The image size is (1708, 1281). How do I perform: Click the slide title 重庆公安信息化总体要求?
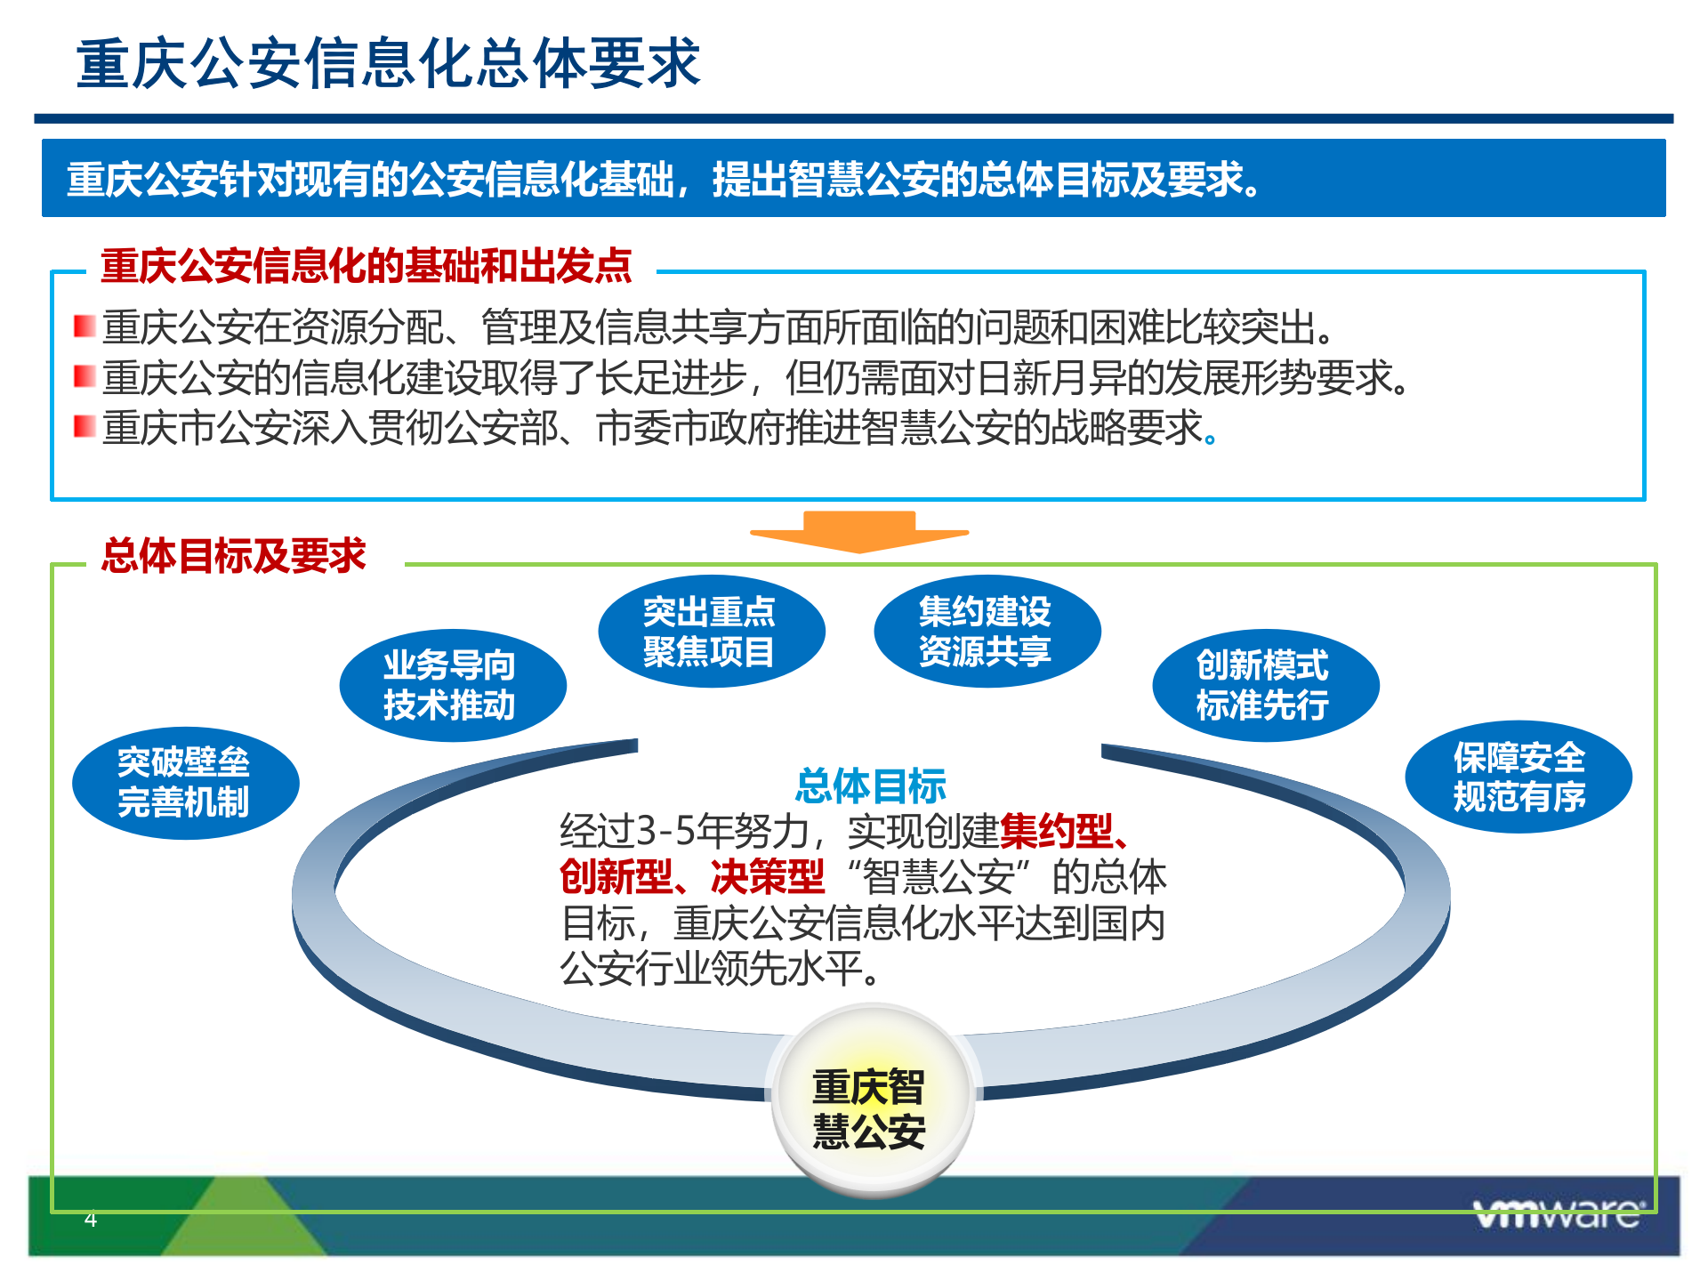pos(389,64)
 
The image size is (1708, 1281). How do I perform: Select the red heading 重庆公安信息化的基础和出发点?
pos(366,266)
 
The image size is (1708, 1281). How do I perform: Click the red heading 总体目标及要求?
pos(233,556)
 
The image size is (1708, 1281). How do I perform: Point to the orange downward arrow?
pos(859,531)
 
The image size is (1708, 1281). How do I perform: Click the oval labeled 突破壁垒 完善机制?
pos(185,783)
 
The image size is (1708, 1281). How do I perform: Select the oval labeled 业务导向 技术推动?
pos(452,685)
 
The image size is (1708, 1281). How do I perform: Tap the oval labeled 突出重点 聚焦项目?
pos(711,632)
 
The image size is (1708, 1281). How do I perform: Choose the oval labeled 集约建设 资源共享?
pos(987,632)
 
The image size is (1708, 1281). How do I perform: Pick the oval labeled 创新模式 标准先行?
pos(1264,685)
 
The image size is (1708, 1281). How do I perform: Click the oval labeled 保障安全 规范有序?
pos(1518,777)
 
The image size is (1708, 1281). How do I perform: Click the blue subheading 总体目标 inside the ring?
pos(870,786)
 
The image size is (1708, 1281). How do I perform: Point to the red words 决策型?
pos(768,877)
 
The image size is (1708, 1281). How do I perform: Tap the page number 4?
pos(90,1219)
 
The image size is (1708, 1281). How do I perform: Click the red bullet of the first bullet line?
pos(85,326)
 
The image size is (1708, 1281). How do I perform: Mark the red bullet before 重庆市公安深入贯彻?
pos(85,426)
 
